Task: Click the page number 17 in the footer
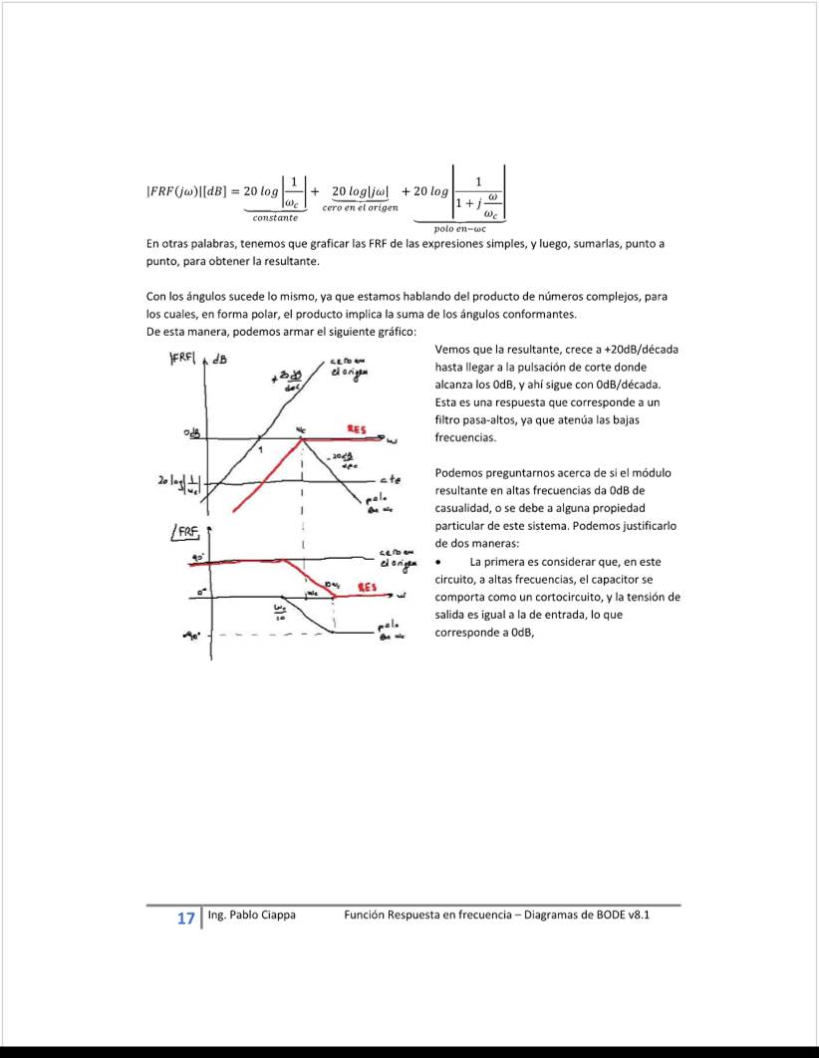[x=186, y=919]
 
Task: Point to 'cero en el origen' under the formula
[x=360, y=207]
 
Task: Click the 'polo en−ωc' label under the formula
[x=465, y=228]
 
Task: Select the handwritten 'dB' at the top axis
[x=217, y=361]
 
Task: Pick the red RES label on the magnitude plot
[x=356, y=429]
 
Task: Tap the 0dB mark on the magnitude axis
[x=192, y=433]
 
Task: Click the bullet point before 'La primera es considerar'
[x=439, y=562]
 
